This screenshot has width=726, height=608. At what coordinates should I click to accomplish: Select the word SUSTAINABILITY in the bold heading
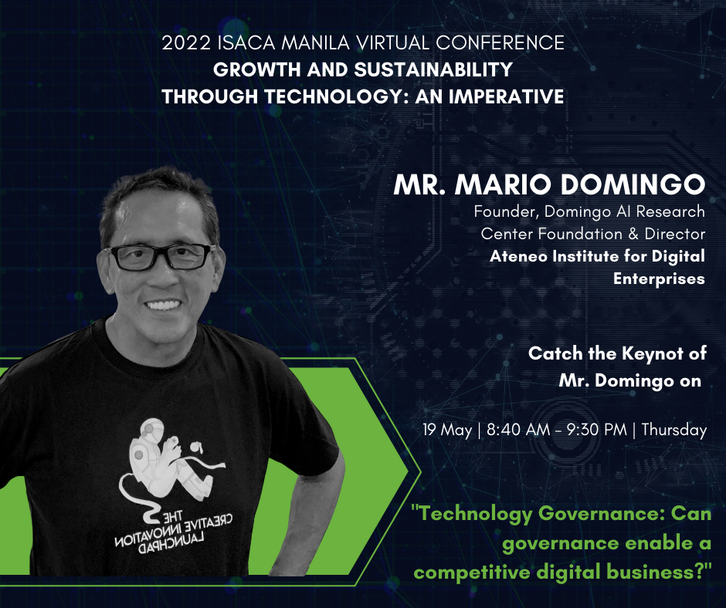[433, 70]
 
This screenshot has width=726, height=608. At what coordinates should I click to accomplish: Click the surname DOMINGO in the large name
[633, 184]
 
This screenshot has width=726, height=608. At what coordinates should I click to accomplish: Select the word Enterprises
[659, 279]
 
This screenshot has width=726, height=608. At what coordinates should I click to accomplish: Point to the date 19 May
[447, 431]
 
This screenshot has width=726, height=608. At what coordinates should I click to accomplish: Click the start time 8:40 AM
[518, 431]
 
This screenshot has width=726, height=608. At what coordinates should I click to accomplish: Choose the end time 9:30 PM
[596, 431]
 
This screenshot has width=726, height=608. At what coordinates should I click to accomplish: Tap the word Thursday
[674, 431]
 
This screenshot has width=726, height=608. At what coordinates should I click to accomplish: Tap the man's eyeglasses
[160, 257]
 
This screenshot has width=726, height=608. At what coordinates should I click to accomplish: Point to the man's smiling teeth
[162, 306]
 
